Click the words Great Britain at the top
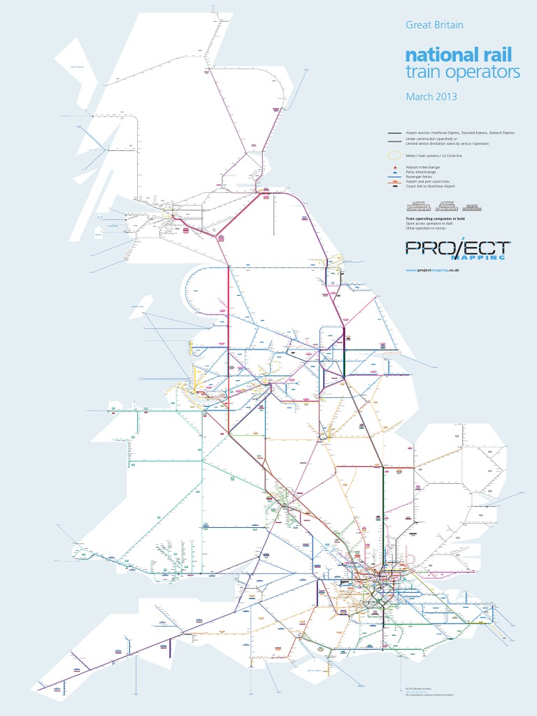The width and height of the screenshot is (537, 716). [434, 25]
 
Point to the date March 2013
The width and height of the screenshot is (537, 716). [431, 96]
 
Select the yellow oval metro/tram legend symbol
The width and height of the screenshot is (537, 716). [395, 155]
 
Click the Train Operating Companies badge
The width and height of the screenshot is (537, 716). [419, 206]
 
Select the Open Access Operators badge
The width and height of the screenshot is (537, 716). [446, 206]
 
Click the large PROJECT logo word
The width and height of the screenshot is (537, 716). [458, 248]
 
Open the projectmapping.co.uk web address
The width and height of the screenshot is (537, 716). [431, 270]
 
